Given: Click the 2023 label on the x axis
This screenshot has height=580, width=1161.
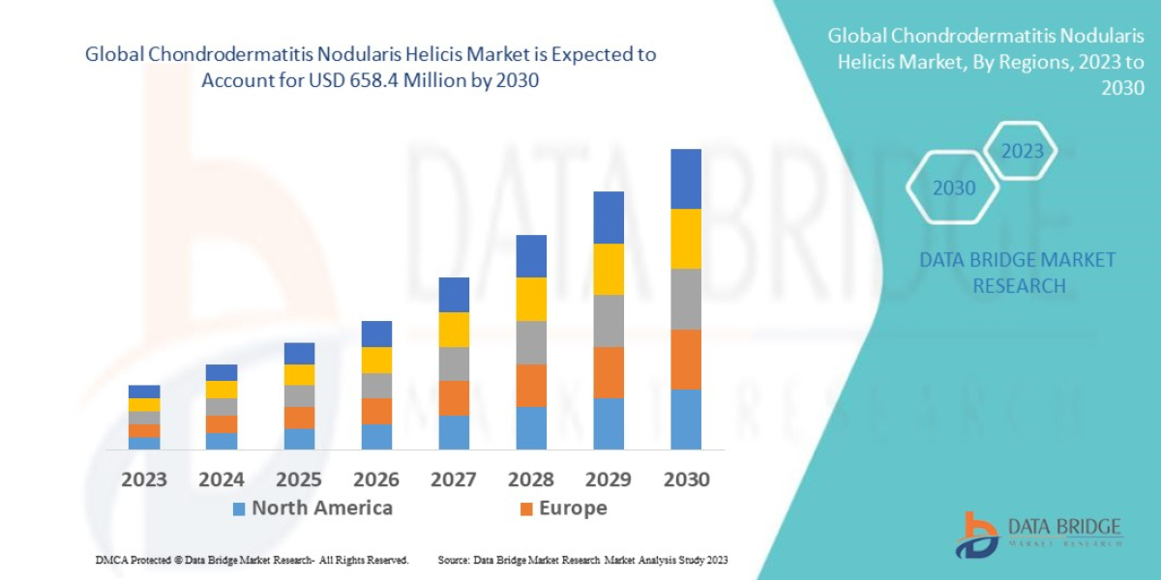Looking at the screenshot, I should point(144,479).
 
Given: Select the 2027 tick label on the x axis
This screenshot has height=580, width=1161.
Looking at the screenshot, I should point(454,479).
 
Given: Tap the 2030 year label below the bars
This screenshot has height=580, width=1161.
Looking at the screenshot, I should point(686,479).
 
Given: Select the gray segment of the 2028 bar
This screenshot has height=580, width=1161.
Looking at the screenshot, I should point(531,342).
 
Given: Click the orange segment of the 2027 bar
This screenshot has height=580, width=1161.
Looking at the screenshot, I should point(454,398).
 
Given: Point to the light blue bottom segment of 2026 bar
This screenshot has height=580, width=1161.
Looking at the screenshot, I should point(376,437).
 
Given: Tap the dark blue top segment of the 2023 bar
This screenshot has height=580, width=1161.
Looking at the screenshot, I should point(144,391).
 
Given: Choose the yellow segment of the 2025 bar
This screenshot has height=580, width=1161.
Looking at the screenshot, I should point(299,375).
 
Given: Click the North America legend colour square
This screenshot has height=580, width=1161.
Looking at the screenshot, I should point(239,508).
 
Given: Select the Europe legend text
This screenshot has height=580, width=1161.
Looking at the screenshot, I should point(573,508).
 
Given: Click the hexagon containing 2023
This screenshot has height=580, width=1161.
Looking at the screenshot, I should point(1022,151).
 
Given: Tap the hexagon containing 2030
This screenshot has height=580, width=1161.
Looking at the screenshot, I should point(953,188).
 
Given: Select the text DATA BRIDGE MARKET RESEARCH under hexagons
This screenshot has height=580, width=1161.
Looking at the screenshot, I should point(1017,273).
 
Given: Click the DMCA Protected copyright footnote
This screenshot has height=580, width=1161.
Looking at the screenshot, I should point(252,560).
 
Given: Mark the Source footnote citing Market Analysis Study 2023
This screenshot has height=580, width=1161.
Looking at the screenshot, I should point(582,560).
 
